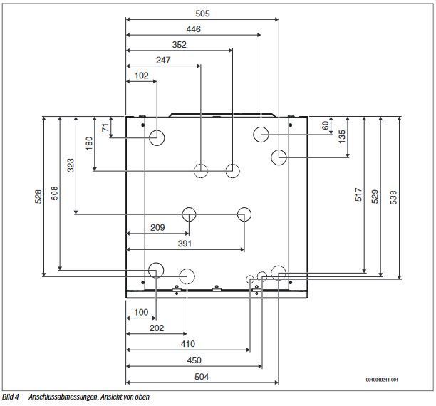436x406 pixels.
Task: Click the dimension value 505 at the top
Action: pos(202,14)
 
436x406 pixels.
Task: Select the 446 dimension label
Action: pos(193,29)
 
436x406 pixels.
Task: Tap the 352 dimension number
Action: pos(179,44)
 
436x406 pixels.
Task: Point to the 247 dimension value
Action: pos(163,60)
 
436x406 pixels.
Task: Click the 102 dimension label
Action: pos(141,76)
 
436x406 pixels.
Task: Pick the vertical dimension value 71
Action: pos(105,127)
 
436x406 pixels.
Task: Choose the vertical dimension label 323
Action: pos(71,165)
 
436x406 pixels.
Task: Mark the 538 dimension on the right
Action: pos(393,197)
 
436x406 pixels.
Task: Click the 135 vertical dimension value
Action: pos(342,136)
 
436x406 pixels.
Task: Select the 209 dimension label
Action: pos(157,227)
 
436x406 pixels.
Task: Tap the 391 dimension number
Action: pos(185,244)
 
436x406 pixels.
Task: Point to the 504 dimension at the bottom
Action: pos(202,377)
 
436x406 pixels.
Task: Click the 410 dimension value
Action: pos(188,344)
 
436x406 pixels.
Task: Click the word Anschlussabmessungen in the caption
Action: pos(63,397)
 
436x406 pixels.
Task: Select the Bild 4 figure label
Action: pos(10,397)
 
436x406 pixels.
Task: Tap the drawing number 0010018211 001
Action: pos(382,380)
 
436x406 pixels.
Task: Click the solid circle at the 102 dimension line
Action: pos(157,130)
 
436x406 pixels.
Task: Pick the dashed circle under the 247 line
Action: pos(200,164)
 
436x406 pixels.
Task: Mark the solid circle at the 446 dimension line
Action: pos(261,127)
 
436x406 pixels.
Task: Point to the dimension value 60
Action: pos(325,125)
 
